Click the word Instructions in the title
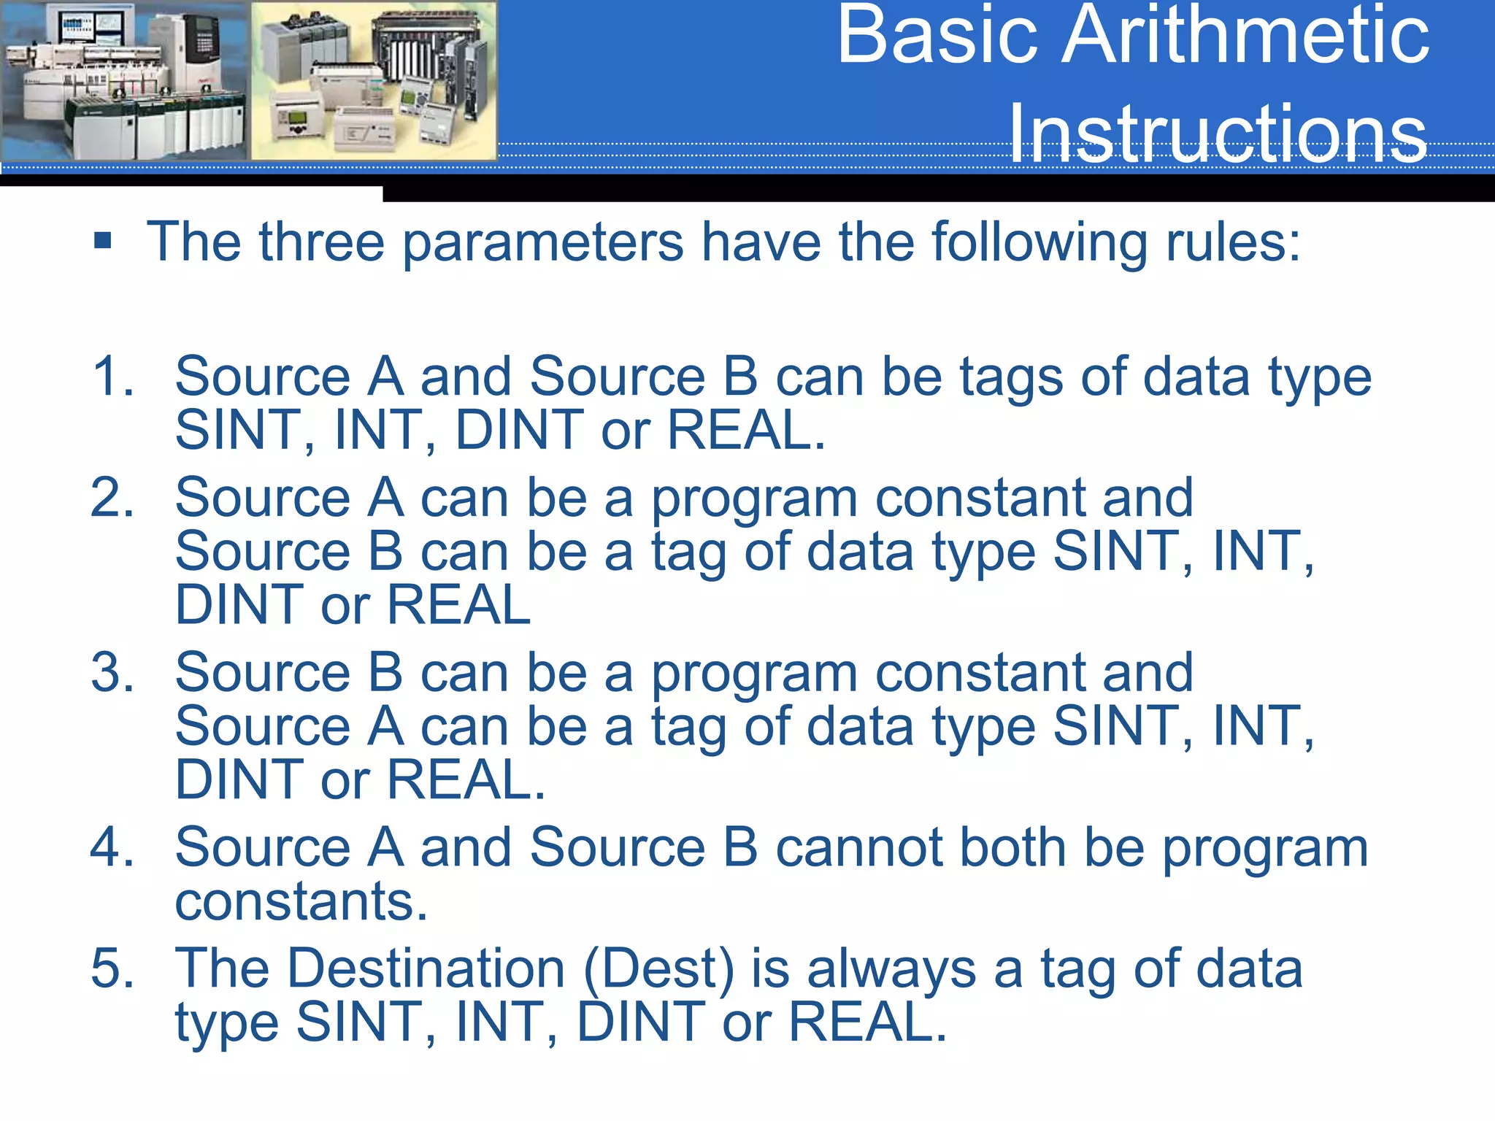tap(1218, 134)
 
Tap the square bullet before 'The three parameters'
tap(103, 241)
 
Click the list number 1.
tap(113, 377)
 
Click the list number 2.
tap(113, 498)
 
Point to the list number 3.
tap(113, 672)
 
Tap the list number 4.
tap(113, 847)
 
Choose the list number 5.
tap(113, 968)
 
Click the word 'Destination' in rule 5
tap(426, 968)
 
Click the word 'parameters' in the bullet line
tap(543, 243)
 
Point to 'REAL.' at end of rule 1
tap(746, 430)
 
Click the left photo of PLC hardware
tap(124, 80)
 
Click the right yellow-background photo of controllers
tap(374, 80)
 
